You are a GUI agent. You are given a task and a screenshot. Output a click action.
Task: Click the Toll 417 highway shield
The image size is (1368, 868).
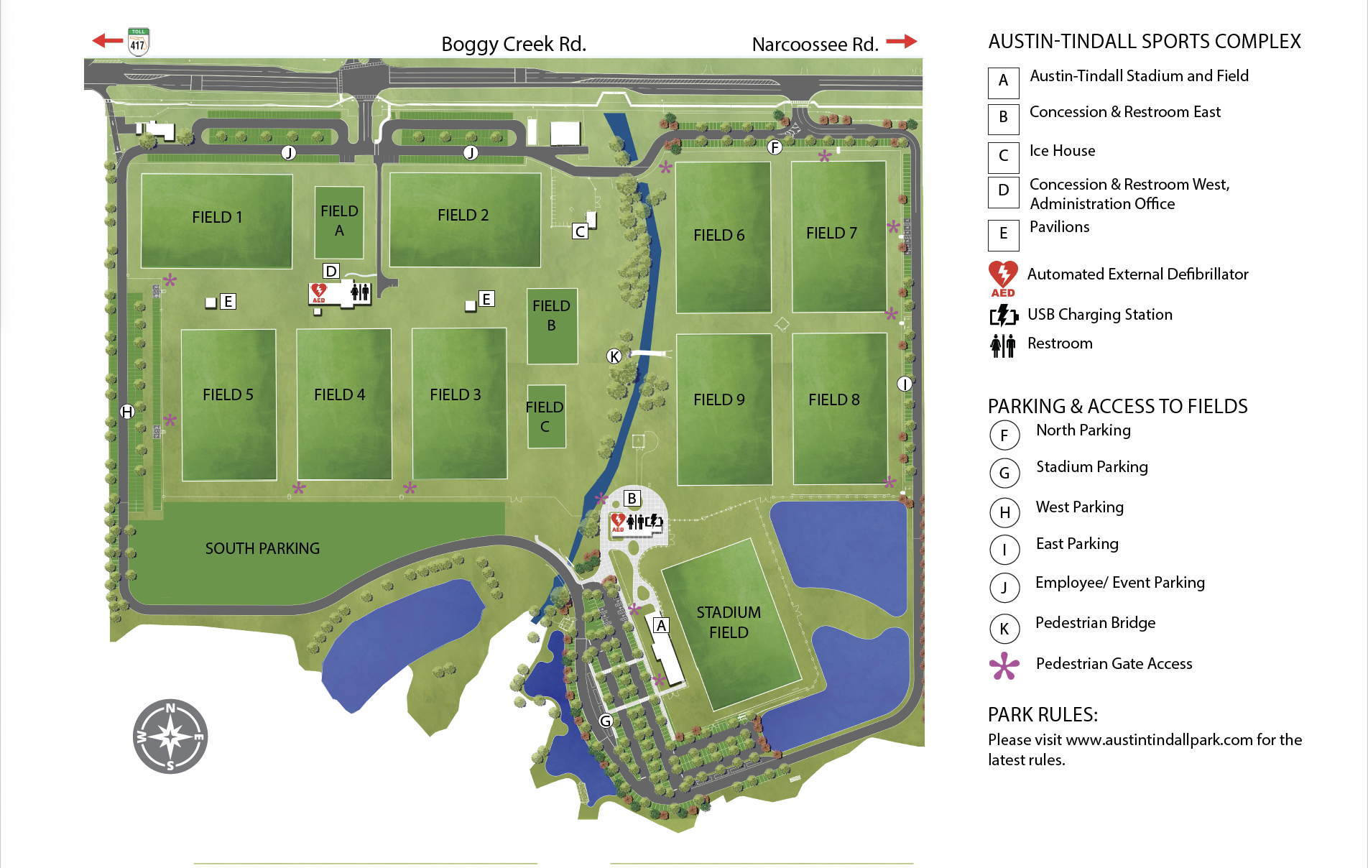pos(138,42)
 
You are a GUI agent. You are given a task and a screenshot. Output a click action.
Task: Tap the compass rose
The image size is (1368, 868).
pos(170,737)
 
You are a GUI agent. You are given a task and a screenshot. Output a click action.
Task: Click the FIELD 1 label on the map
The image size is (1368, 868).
pos(217,217)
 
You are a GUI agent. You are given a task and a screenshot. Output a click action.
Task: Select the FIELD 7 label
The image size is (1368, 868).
pos(831,233)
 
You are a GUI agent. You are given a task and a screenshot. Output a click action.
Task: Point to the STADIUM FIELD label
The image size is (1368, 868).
pos(729,622)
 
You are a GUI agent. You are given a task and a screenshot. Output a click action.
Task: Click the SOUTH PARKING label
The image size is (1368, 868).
pos(262,548)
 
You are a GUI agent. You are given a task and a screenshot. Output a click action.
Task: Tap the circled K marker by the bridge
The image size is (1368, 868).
pos(614,356)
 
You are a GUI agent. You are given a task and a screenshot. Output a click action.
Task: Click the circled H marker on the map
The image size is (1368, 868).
pos(127,412)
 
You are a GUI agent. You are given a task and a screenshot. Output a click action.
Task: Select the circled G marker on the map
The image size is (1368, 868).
pos(606,721)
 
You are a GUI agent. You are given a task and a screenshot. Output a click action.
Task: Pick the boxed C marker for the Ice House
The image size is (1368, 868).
pos(580,231)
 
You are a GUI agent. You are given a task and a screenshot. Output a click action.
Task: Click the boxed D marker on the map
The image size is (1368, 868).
pos(331,271)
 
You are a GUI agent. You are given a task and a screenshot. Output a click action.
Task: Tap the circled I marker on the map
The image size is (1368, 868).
pos(905,384)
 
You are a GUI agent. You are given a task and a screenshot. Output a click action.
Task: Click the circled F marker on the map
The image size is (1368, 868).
pos(774,147)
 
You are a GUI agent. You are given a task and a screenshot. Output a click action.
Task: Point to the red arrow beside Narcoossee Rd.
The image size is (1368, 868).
pos(901,42)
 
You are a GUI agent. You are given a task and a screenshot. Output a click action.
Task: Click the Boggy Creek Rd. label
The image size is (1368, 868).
pos(513,44)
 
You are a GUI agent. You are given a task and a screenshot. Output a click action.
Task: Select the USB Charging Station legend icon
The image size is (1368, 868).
pos(1004,315)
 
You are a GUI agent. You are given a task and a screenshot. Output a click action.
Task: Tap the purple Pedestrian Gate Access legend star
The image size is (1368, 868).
pos(1004,665)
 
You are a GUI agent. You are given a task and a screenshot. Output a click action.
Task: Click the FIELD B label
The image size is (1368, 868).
pos(551,315)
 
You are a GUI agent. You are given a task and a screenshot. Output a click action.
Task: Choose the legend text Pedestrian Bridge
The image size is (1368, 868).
pos(1095,622)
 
